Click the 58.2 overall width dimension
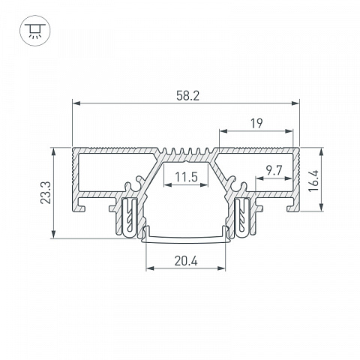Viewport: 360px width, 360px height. pos(187,96)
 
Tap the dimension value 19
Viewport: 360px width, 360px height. pos(256,124)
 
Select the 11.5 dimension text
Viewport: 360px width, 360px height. pos(186,177)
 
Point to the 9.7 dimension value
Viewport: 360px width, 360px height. pos(274,170)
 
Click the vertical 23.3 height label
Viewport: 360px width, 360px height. pos(46,193)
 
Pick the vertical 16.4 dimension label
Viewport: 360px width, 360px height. pos(313,181)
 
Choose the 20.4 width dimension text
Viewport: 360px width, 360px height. pos(186,262)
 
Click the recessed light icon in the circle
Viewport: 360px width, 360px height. pos(35,31)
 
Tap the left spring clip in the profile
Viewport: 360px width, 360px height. pos(130,217)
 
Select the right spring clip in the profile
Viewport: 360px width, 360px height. pos(242,217)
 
